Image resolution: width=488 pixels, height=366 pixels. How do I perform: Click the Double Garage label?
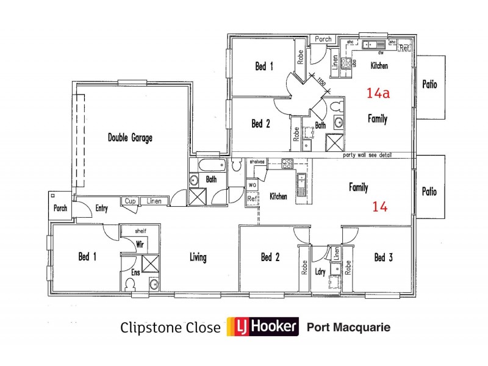pyautogui.click(x=130, y=138)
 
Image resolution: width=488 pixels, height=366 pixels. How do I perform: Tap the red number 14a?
pyautogui.click(x=378, y=93)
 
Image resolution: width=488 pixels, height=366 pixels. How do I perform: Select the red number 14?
pyautogui.click(x=379, y=207)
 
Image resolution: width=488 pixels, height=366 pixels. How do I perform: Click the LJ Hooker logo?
pyautogui.click(x=262, y=328)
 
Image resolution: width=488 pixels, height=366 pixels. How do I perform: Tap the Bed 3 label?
pyautogui.click(x=383, y=257)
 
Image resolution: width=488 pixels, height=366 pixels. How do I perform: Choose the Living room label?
pyautogui.click(x=198, y=257)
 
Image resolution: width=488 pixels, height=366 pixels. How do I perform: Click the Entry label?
pyautogui.click(x=102, y=209)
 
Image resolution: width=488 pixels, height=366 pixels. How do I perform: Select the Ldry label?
pyautogui.click(x=321, y=272)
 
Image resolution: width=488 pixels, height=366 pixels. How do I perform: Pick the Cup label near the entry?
pyautogui.click(x=129, y=201)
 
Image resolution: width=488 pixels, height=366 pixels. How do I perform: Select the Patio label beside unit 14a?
pyautogui.click(x=429, y=85)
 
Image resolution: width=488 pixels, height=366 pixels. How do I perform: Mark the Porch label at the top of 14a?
pyautogui.click(x=323, y=39)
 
